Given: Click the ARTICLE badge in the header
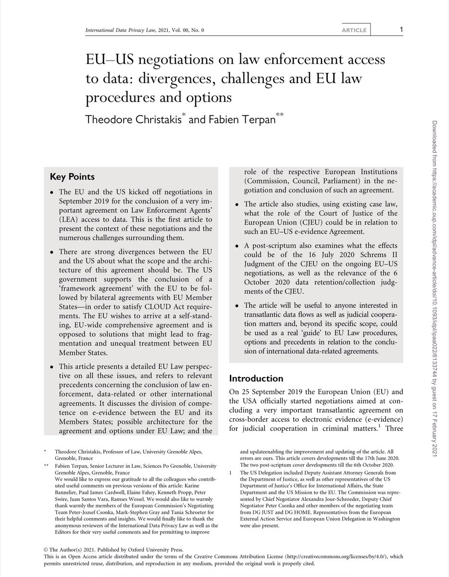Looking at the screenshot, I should click(357, 30).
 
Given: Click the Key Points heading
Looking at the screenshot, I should click(72, 176).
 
